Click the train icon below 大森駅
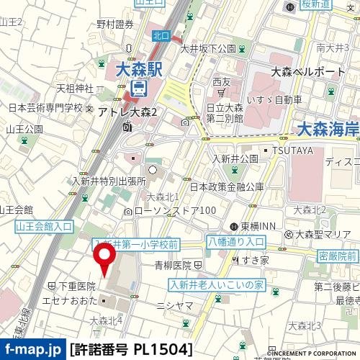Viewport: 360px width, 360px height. pos(139,89)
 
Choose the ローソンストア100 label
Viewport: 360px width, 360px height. pos(175,210)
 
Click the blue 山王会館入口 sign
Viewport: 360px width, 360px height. pos(44,226)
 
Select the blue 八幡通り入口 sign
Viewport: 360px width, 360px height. pos(235,242)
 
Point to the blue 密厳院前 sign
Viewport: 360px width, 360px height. pos(337,256)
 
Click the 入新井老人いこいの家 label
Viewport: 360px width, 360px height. pos(215,284)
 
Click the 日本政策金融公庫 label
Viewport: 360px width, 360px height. pos(226,186)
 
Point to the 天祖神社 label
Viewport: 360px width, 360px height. pos(75,89)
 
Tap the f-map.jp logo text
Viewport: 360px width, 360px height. pos(32,350)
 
